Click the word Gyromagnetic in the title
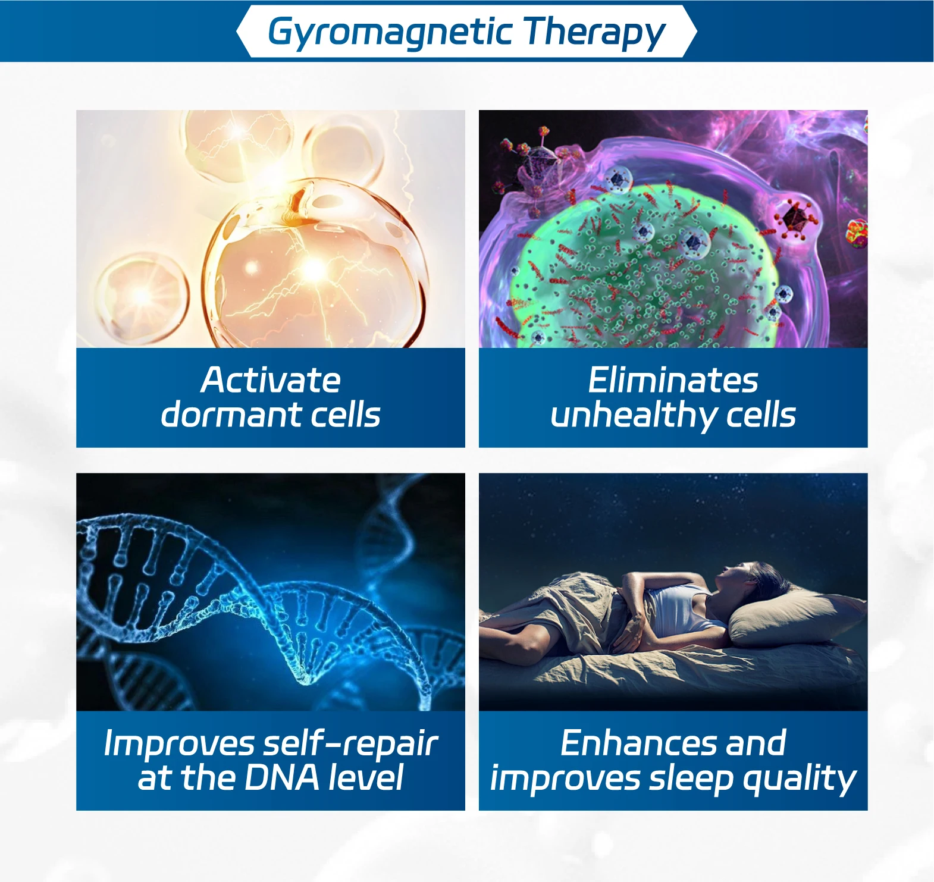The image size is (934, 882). tap(390, 33)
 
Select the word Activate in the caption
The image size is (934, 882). tap(271, 380)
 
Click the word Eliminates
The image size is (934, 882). tap(673, 380)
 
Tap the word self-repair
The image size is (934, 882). tap(351, 744)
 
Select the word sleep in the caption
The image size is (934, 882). tap(691, 780)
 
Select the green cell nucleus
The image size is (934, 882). tap(642, 268)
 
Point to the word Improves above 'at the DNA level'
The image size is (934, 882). tap(179, 744)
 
